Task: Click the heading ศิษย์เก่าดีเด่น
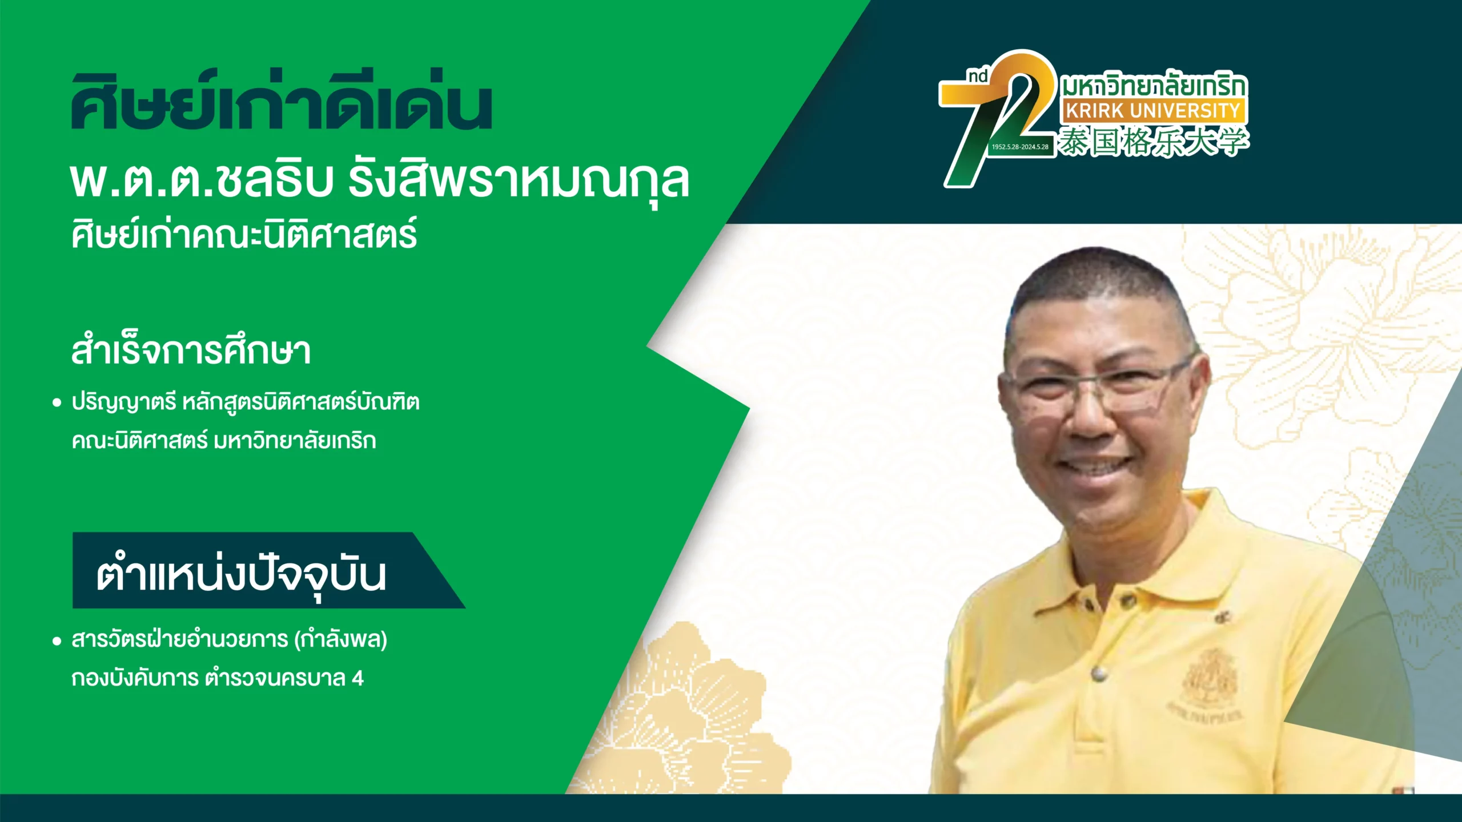pyautogui.click(x=282, y=102)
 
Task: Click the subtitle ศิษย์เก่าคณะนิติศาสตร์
pyautogui.click(x=244, y=233)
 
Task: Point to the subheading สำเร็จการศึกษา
pyautogui.click(x=191, y=350)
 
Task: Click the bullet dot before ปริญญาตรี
pyautogui.click(x=57, y=403)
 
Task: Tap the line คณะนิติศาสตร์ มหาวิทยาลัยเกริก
pyautogui.click(x=224, y=441)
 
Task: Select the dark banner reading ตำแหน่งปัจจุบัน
pyautogui.click(x=268, y=570)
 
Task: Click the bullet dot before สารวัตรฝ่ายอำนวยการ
pyautogui.click(x=57, y=641)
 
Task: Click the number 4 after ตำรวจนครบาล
pyautogui.click(x=358, y=678)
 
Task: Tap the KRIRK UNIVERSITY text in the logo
pyautogui.click(x=1153, y=111)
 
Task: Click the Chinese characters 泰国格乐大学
pyautogui.click(x=1154, y=142)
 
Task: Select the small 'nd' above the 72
pyautogui.click(x=978, y=77)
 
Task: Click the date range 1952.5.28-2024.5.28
pyautogui.click(x=1020, y=147)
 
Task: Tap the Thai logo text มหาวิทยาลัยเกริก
pyautogui.click(x=1154, y=86)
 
